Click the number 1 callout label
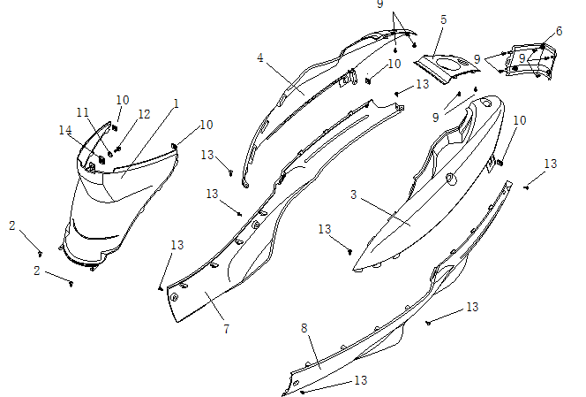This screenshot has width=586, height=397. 176,103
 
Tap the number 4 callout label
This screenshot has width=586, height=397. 260,57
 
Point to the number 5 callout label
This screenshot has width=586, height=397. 442,19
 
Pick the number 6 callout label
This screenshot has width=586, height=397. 559,32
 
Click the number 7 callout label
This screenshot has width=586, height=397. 226,329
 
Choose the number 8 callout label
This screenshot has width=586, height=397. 304,328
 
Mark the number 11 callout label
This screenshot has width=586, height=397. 83,112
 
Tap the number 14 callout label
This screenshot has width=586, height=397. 65,130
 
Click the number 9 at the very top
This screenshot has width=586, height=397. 380,4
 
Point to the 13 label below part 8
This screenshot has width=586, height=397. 360,380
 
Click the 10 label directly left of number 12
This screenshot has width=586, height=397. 123,100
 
